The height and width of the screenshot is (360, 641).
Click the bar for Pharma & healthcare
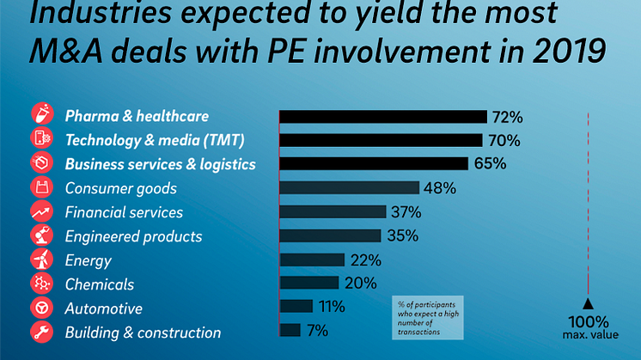click(x=383, y=117)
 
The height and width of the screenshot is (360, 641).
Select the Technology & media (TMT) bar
click(x=381, y=140)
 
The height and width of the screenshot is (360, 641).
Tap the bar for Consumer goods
click(x=350, y=188)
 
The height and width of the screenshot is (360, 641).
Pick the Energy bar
click(x=312, y=259)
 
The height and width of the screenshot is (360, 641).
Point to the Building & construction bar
click(x=290, y=330)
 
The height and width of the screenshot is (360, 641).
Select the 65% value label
click(x=489, y=163)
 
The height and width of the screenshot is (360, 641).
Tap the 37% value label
click(x=406, y=212)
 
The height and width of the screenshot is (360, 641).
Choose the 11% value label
click(x=331, y=307)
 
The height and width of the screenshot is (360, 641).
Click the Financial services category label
click(x=124, y=212)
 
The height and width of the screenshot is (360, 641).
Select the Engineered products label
click(x=133, y=236)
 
